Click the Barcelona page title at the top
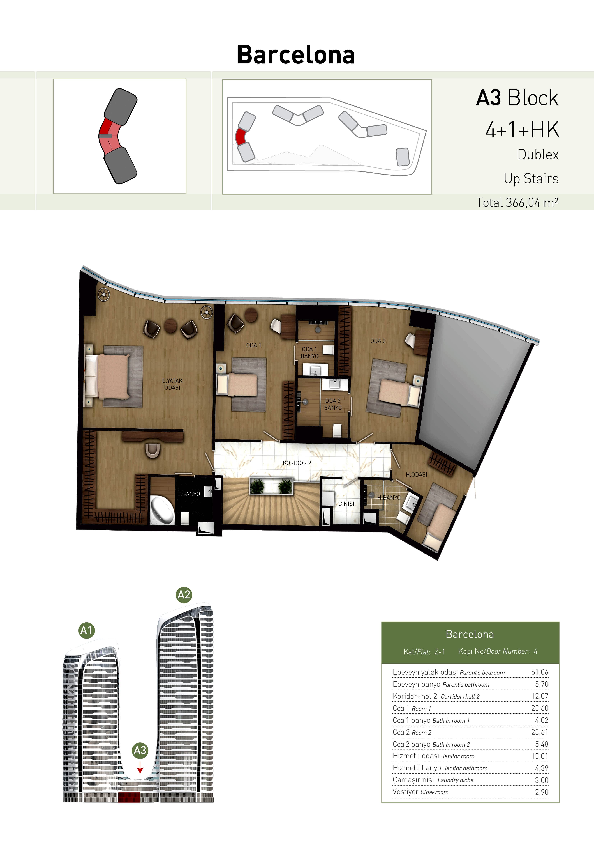[296, 55]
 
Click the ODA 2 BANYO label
[333, 404]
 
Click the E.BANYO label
[189, 494]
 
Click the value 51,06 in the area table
[540, 672]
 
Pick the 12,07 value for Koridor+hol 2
[540, 696]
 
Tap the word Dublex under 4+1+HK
[538, 155]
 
